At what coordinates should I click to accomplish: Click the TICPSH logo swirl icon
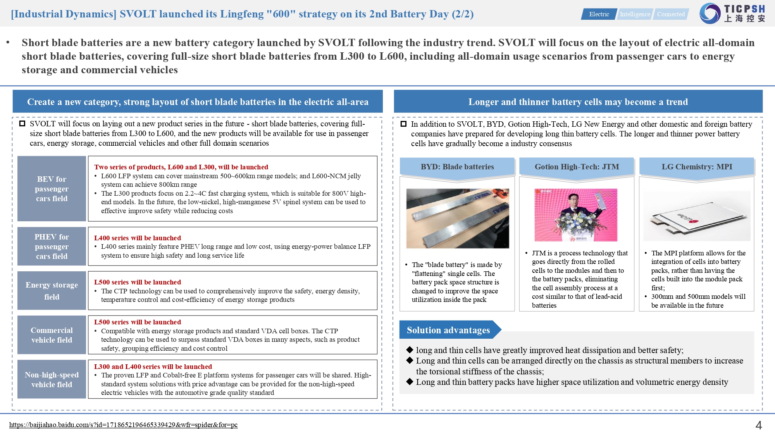[x=710, y=13]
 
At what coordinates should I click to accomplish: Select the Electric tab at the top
[x=599, y=14]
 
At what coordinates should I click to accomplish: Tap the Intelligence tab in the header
[x=635, y=14]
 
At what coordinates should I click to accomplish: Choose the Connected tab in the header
[x=671, y=14]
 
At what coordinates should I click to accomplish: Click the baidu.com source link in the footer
[x=123, y=425]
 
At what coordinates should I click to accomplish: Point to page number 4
[x=758, y=426]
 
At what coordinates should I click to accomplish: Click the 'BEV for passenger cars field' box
[x=52, y=189]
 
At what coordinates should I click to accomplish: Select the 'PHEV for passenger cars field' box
[x=52, y=246]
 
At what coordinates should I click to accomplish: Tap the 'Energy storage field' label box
[x=52, y=291]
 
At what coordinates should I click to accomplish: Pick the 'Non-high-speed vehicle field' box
[x=52, y=379]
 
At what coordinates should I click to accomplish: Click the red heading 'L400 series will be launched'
[x=138, y=238]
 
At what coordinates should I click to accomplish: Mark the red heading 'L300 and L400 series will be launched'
[x=153, y=367]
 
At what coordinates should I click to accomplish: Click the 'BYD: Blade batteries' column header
[x=457, y=167]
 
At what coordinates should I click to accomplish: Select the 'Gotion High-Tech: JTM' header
[x=577, y=167]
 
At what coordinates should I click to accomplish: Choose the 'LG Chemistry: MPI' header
[x=697, y=167]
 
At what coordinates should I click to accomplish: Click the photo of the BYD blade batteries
[x=457, y=219]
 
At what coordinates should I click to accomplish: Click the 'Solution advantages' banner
[x=448, y=330]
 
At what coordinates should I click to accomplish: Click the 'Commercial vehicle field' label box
[x=52, y=335]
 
